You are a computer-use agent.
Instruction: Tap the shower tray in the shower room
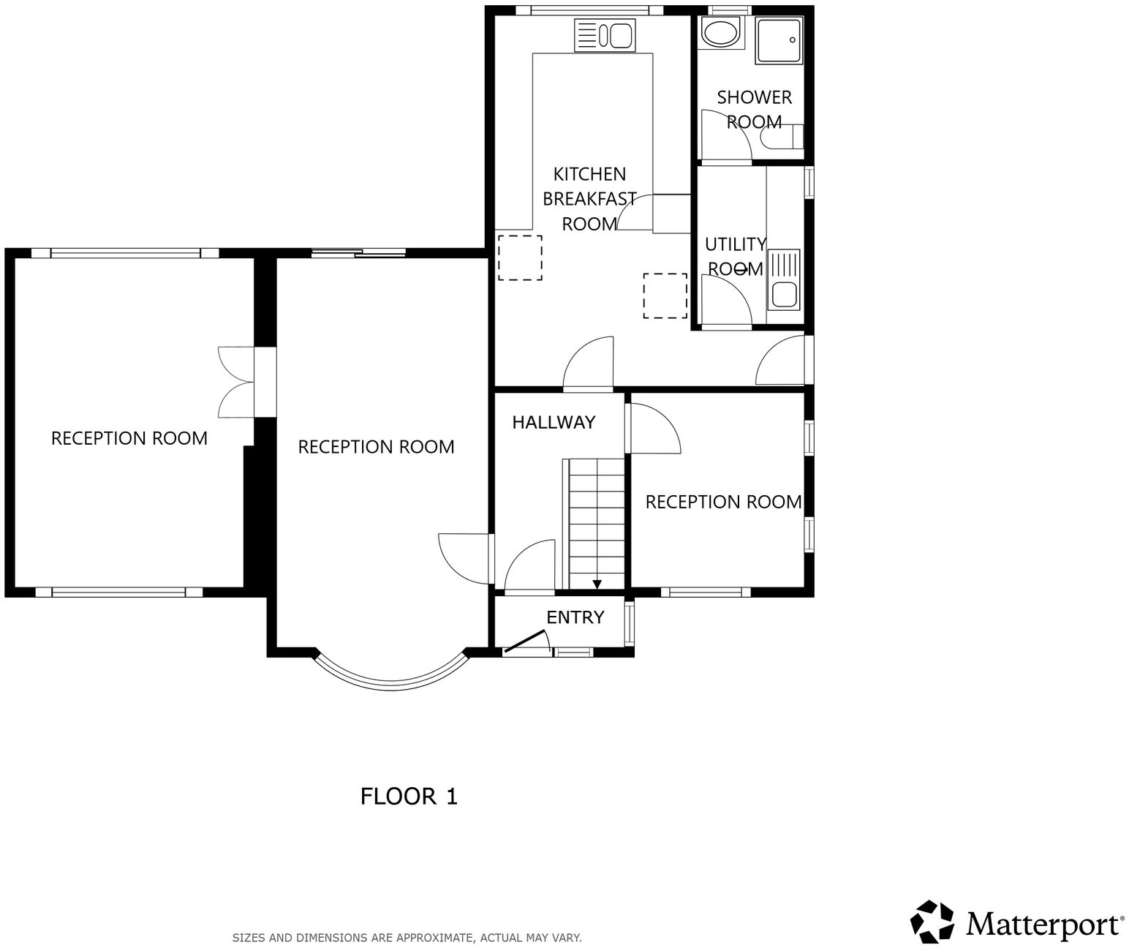coord(779,40)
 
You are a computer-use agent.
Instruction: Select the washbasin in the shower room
coord(720,33)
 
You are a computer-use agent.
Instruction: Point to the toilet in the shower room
coord(779,137)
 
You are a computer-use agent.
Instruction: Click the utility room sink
coord(785,280)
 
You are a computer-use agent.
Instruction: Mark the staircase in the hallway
coord(597,524)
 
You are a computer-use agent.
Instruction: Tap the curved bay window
coord(390,677)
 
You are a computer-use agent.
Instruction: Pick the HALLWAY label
coord(554,422)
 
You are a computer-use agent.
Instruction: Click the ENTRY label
coord(575,617)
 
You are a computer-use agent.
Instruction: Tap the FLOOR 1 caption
coord(409,797)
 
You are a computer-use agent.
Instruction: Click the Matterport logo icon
coord(933,922)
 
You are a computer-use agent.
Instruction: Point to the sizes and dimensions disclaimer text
coord(407,937)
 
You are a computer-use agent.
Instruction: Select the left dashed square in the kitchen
coord(520,257)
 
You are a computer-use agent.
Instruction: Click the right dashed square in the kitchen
coord(665,296)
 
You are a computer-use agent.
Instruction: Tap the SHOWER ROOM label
coord(754,109)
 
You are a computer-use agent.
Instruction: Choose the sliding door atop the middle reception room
coord(358,253)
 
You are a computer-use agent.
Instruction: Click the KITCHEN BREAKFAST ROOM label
coord(589,198)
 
